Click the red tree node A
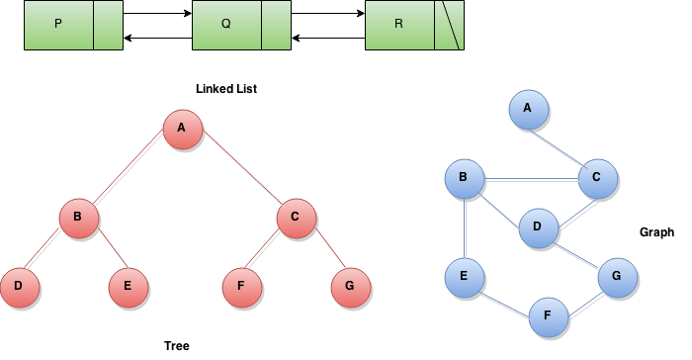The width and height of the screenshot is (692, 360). coord(182,130)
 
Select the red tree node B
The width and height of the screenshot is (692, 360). coord(78,219)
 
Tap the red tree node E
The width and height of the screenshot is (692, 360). coord(128,287)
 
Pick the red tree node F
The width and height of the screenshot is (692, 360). coord(240,287)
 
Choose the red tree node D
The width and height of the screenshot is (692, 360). coord(19,287)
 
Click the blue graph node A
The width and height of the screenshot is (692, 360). coord(528,110)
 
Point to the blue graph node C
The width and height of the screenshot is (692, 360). coord(596,179)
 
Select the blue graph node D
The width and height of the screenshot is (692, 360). coord(538,227)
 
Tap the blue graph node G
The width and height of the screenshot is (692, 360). coord(616,278)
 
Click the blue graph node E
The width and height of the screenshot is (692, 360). coord(464,276)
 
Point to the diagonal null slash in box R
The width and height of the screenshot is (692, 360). coord(450,25)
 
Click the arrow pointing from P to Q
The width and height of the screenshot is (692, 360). coord(158,15)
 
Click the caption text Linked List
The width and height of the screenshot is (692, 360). coord(226,89)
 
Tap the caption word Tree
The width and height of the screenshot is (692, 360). coord(176,346)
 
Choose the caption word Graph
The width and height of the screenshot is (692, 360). coord(656,232)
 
